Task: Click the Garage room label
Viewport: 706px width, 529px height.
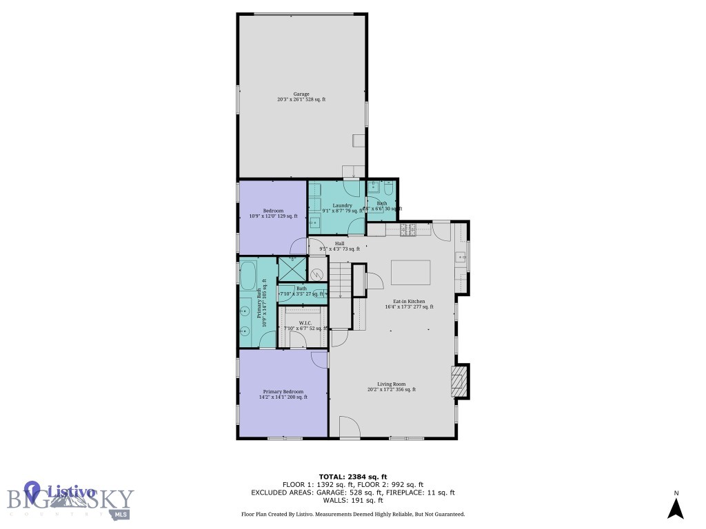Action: [x=301, y=94]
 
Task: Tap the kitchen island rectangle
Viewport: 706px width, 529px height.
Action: [x=411, y=272]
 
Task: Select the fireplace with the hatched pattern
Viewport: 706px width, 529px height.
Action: [x=459, y=381]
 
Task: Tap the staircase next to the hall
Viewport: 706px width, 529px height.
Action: [x=339, y=282]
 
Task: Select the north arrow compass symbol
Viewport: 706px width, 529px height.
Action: [x=676, y=508]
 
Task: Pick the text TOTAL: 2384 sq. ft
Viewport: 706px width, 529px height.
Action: [x=352, y=477]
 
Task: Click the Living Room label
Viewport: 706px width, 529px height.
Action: [x=391, y=384]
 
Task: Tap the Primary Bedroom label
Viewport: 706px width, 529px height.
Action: [x=283, y=391]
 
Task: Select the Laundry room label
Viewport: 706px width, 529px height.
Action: [x=343, y=206]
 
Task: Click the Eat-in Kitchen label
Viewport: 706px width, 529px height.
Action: [x=409, y=302]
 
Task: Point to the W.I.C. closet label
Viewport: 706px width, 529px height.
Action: [x=305, y=323]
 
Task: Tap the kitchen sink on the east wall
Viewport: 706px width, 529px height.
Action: [x=462, y=258]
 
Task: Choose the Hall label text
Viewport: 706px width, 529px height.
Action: [x=339, y=243]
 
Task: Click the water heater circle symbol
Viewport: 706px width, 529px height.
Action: [x=317, y=273]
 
